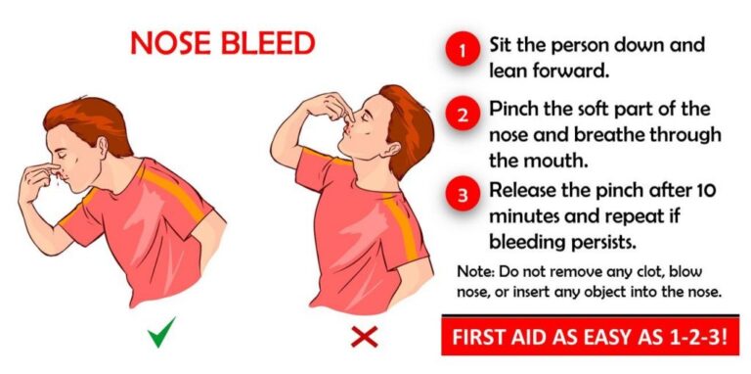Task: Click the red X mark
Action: tap(364, 338)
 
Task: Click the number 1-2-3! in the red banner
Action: tap(699, 339)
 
